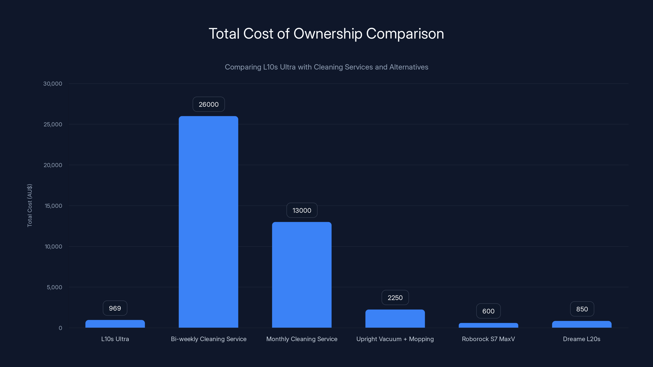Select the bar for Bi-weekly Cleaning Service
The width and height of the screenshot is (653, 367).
point(208,222)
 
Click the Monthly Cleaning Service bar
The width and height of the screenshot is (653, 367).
point(302,275)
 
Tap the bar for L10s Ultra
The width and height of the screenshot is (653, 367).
point(115,324)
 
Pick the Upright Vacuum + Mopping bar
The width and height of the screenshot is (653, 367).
point(395,319)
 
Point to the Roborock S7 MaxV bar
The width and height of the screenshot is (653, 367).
point(488,325)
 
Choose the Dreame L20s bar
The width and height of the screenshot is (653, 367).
point(582,324)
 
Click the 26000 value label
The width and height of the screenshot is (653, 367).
point(208,104)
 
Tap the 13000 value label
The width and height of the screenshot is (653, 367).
point(302,210)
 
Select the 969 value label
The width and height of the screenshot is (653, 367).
point(115,308)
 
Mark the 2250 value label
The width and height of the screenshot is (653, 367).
point(395,298)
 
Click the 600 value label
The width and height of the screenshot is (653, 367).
point(488,311)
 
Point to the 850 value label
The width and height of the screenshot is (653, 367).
point(582,309)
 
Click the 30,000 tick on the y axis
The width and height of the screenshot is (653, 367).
point(52,84)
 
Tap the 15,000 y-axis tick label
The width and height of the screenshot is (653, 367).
point(53,206)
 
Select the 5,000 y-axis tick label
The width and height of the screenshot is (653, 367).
point(54,287)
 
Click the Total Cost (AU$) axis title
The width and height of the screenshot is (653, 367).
point(30,205)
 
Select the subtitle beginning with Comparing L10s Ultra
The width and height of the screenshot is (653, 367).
point(326,67)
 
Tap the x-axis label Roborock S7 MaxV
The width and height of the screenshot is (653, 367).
point(488,339)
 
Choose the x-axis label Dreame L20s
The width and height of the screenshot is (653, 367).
point(582,339)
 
